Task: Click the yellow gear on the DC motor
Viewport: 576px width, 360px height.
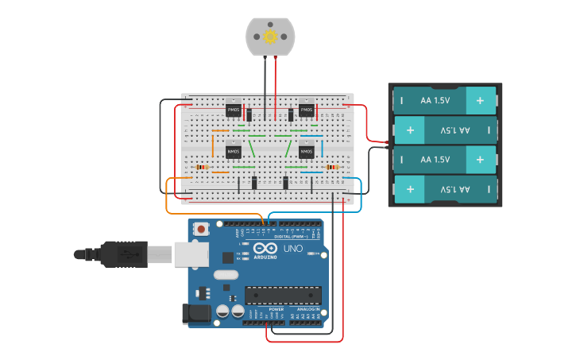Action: point(270,37)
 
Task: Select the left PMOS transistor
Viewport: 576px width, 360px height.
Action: point(234,110)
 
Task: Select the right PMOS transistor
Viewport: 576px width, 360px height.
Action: point(307,110)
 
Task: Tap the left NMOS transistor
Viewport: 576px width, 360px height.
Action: point(234,150)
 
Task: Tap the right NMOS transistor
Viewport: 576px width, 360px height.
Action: point(307,150)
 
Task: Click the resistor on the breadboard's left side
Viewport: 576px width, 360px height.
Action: point(202,168)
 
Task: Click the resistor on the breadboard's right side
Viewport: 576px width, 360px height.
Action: point(332,168)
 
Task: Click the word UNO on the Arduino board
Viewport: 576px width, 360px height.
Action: point(294,249)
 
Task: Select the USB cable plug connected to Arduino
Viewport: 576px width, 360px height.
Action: point(127,254)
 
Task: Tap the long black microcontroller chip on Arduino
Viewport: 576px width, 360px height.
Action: point(283,295)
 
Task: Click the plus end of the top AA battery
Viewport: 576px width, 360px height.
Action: point(480,100)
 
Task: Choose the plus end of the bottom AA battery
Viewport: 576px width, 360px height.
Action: point(410,189)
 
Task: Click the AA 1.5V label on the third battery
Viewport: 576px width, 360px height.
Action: point(435,160)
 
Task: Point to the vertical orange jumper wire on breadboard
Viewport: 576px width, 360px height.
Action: point(213,145)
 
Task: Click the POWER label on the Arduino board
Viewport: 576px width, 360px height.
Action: point(265,309)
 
